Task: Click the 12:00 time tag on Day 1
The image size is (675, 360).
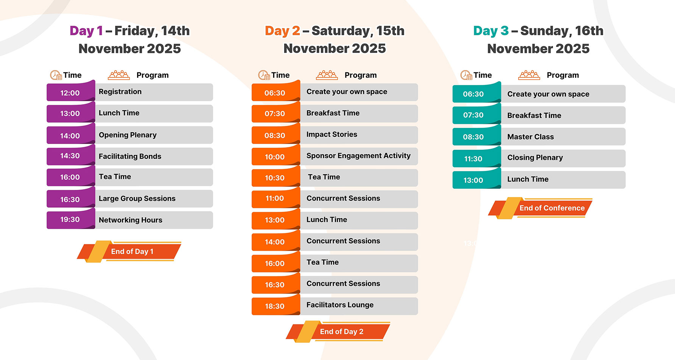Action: [x=70, y=92]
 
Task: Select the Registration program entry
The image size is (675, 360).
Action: [x=120, y=92]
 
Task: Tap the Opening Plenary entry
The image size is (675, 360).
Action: [x=128, y=135]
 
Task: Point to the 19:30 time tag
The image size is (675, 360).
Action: [x=70, y=220]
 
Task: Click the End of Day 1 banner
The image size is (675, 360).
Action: [x=129, y=251]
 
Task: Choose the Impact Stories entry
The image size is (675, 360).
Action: [x=332, y=135]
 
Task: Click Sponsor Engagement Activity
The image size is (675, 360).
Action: [x=358, y=156]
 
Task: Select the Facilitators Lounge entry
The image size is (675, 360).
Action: [x=340, y=305]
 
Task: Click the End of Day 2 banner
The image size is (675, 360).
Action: [x=338, y=332]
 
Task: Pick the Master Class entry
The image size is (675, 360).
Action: [x=530, y=137]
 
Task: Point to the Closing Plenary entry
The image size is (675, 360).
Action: [x=535, y=158]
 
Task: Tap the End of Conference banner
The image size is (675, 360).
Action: [x=541, y=208]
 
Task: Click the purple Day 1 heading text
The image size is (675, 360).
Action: [x=86, y=31]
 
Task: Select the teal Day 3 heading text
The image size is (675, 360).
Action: [x=491, y=31]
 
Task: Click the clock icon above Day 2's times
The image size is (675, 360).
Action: [x=264, y=75]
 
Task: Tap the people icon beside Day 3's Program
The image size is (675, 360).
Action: [x=529, y=75]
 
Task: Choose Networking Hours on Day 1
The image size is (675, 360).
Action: [x=130, y=220]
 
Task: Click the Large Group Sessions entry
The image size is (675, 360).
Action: [x=137, y=199]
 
